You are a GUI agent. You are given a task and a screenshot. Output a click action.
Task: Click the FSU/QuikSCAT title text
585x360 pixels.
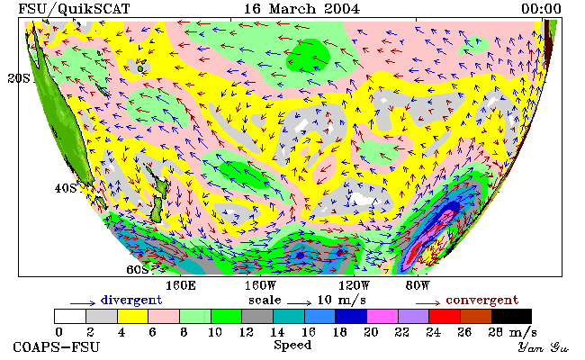pos(74,9)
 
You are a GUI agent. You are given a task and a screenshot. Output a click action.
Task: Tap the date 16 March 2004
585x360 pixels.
pos(301,9)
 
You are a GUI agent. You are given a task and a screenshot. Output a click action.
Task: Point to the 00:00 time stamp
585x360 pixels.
pos(541,9)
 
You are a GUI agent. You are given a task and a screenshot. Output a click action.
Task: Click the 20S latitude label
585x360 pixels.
pos(19,78)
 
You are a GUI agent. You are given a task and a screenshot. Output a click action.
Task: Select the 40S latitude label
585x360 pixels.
pos(66,188)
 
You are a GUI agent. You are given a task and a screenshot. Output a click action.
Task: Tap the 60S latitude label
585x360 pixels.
pos(138,269)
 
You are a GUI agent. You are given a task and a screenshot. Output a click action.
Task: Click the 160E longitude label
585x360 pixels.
pos(181,286)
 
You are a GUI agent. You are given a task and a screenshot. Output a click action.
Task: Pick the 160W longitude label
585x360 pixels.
pos(260,286)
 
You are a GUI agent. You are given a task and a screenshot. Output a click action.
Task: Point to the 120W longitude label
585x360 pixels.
pos(354,286)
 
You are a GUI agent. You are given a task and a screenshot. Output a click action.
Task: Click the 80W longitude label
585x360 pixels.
pos(418,286)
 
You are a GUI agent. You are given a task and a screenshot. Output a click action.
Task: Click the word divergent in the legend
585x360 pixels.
pos(131,301)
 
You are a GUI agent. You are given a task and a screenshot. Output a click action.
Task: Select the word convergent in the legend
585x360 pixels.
pos(482,301)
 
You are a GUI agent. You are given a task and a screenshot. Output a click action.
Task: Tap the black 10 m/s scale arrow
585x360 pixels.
pos(299,303)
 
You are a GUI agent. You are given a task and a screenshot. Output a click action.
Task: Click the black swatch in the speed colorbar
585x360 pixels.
pos(511,316)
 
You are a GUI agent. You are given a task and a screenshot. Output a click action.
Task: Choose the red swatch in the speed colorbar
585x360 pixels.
pos(445,316)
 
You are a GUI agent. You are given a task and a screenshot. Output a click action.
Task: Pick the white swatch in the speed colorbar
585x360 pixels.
pos(70,316)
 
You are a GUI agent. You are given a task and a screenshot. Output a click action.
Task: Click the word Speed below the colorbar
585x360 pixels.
pos(292,346)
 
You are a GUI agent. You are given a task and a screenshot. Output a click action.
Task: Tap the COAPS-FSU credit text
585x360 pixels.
pos(57,347)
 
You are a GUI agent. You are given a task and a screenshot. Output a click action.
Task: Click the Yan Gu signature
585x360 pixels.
pos(544,347)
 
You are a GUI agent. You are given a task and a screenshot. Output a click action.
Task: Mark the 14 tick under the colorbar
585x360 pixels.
pos(277,332)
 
